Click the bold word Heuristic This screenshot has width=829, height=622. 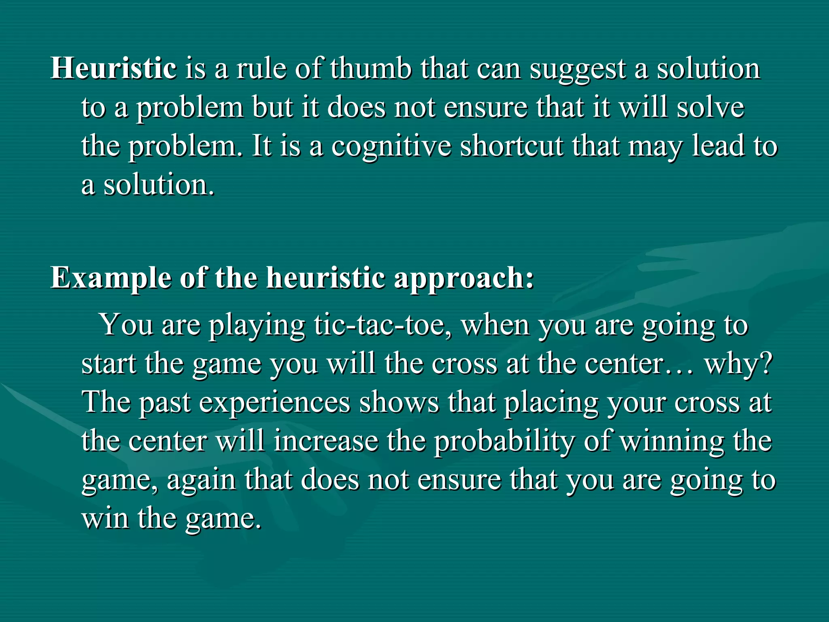coord(113,68)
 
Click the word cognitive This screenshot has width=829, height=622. coord(391,147)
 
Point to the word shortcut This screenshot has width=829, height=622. coord(511,146)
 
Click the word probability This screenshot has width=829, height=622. coord(504,442)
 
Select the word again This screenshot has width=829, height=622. coord(201,481)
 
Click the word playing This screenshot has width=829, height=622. coord(257,326)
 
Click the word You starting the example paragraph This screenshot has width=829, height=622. coord(126,325)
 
